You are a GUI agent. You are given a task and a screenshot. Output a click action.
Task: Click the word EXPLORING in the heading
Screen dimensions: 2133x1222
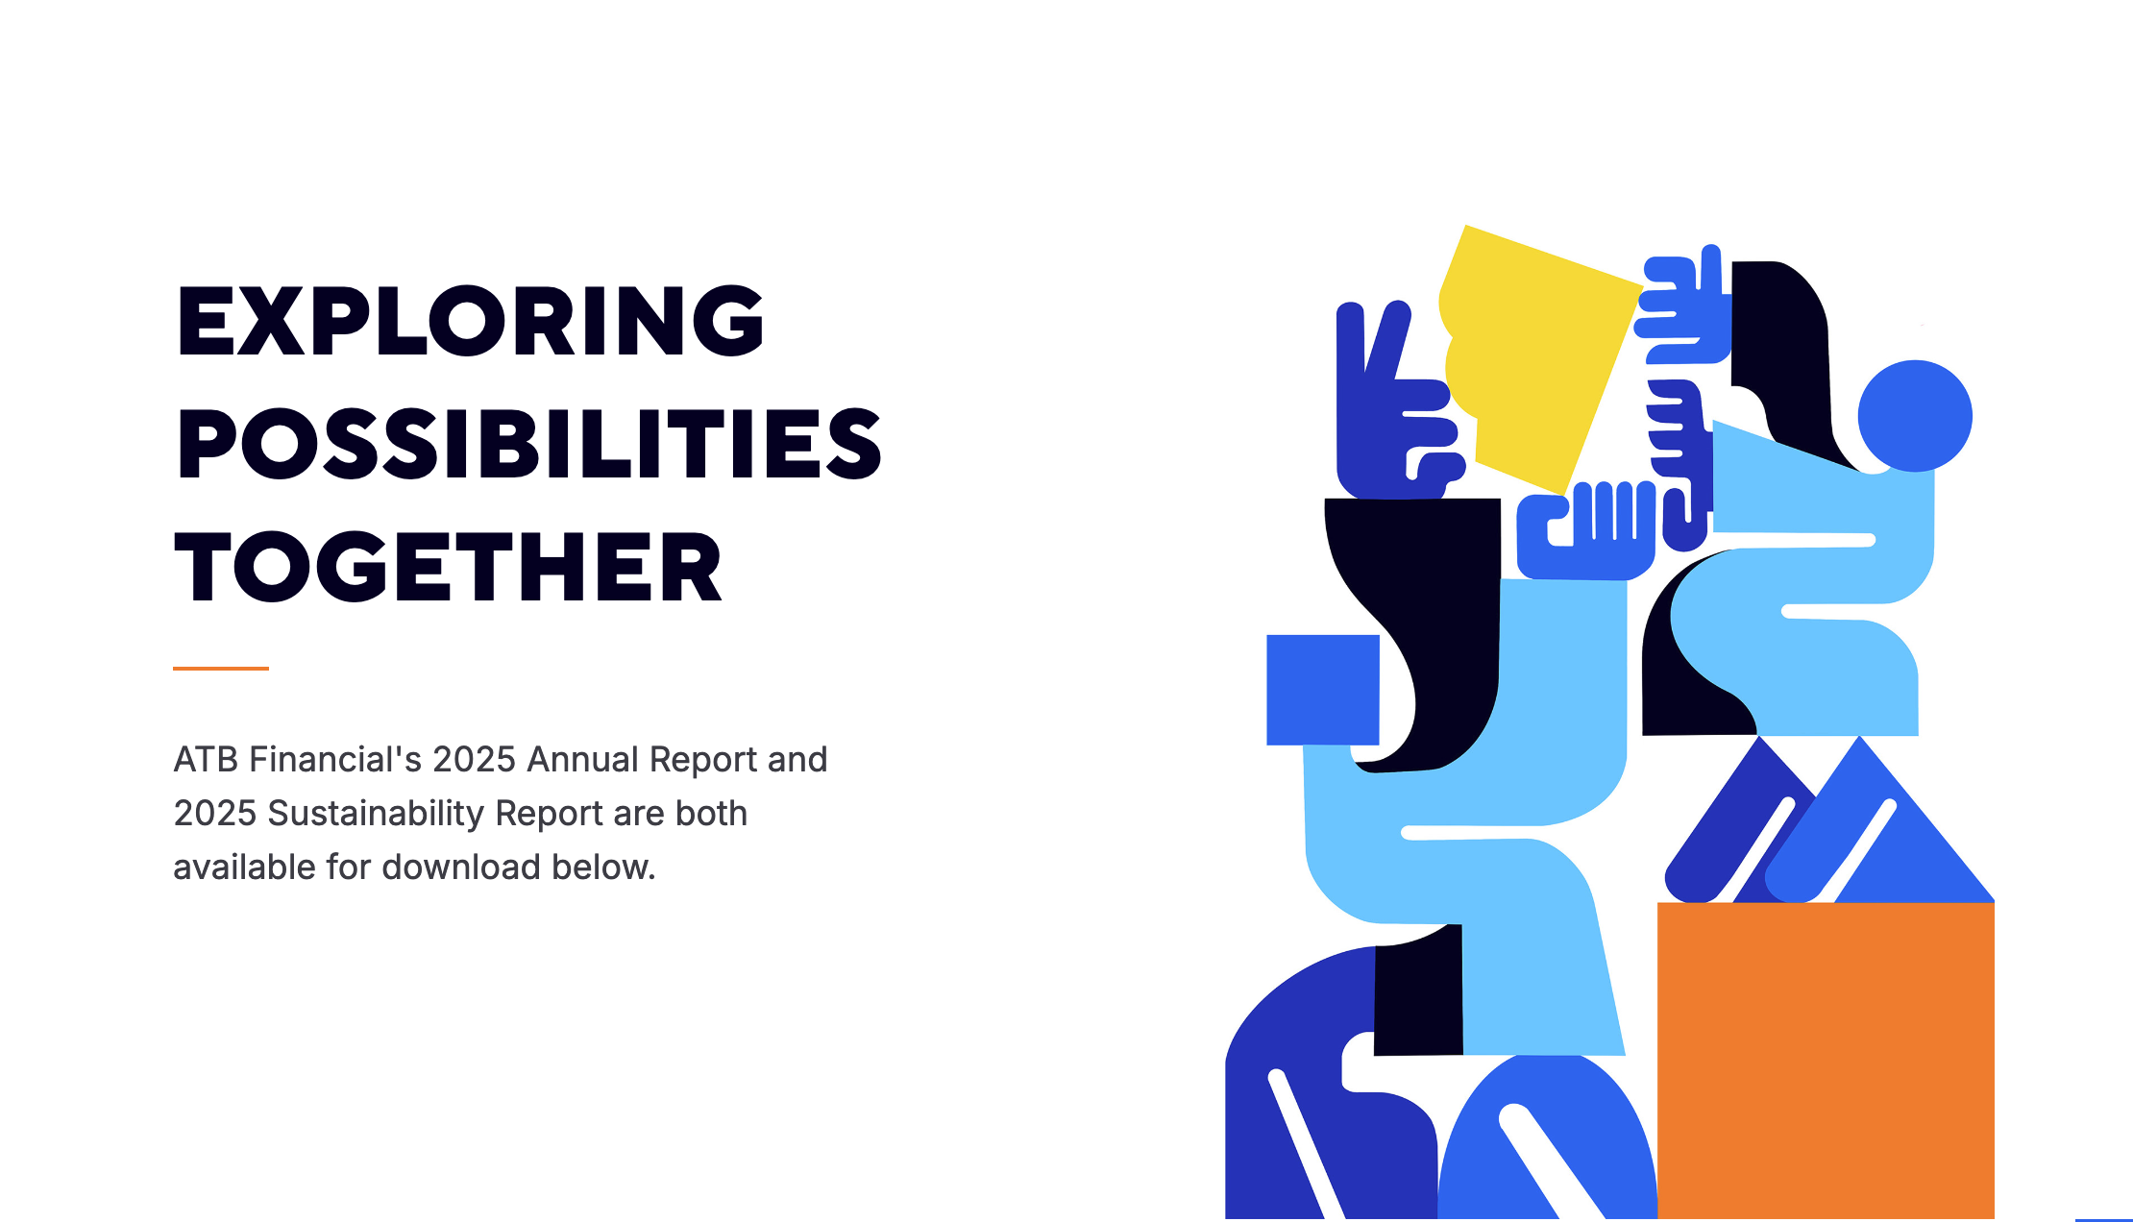471,321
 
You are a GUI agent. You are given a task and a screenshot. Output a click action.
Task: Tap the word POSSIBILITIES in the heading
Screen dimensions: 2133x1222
529,444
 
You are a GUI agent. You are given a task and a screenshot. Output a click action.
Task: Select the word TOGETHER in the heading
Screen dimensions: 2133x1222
448,567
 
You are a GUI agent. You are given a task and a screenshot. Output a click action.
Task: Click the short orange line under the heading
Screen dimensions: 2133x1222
221,668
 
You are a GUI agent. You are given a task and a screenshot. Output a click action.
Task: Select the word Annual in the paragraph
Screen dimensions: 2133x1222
583,760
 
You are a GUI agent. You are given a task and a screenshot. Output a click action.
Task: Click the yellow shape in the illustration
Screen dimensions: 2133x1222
1537,355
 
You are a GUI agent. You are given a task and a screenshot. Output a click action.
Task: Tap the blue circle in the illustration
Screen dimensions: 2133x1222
1915,416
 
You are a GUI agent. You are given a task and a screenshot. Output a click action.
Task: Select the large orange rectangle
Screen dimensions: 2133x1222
1826,1061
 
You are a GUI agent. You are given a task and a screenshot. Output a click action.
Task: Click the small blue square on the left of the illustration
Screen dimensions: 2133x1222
1323,690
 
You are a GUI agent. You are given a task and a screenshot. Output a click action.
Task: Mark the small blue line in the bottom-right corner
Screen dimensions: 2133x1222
2104,1219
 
